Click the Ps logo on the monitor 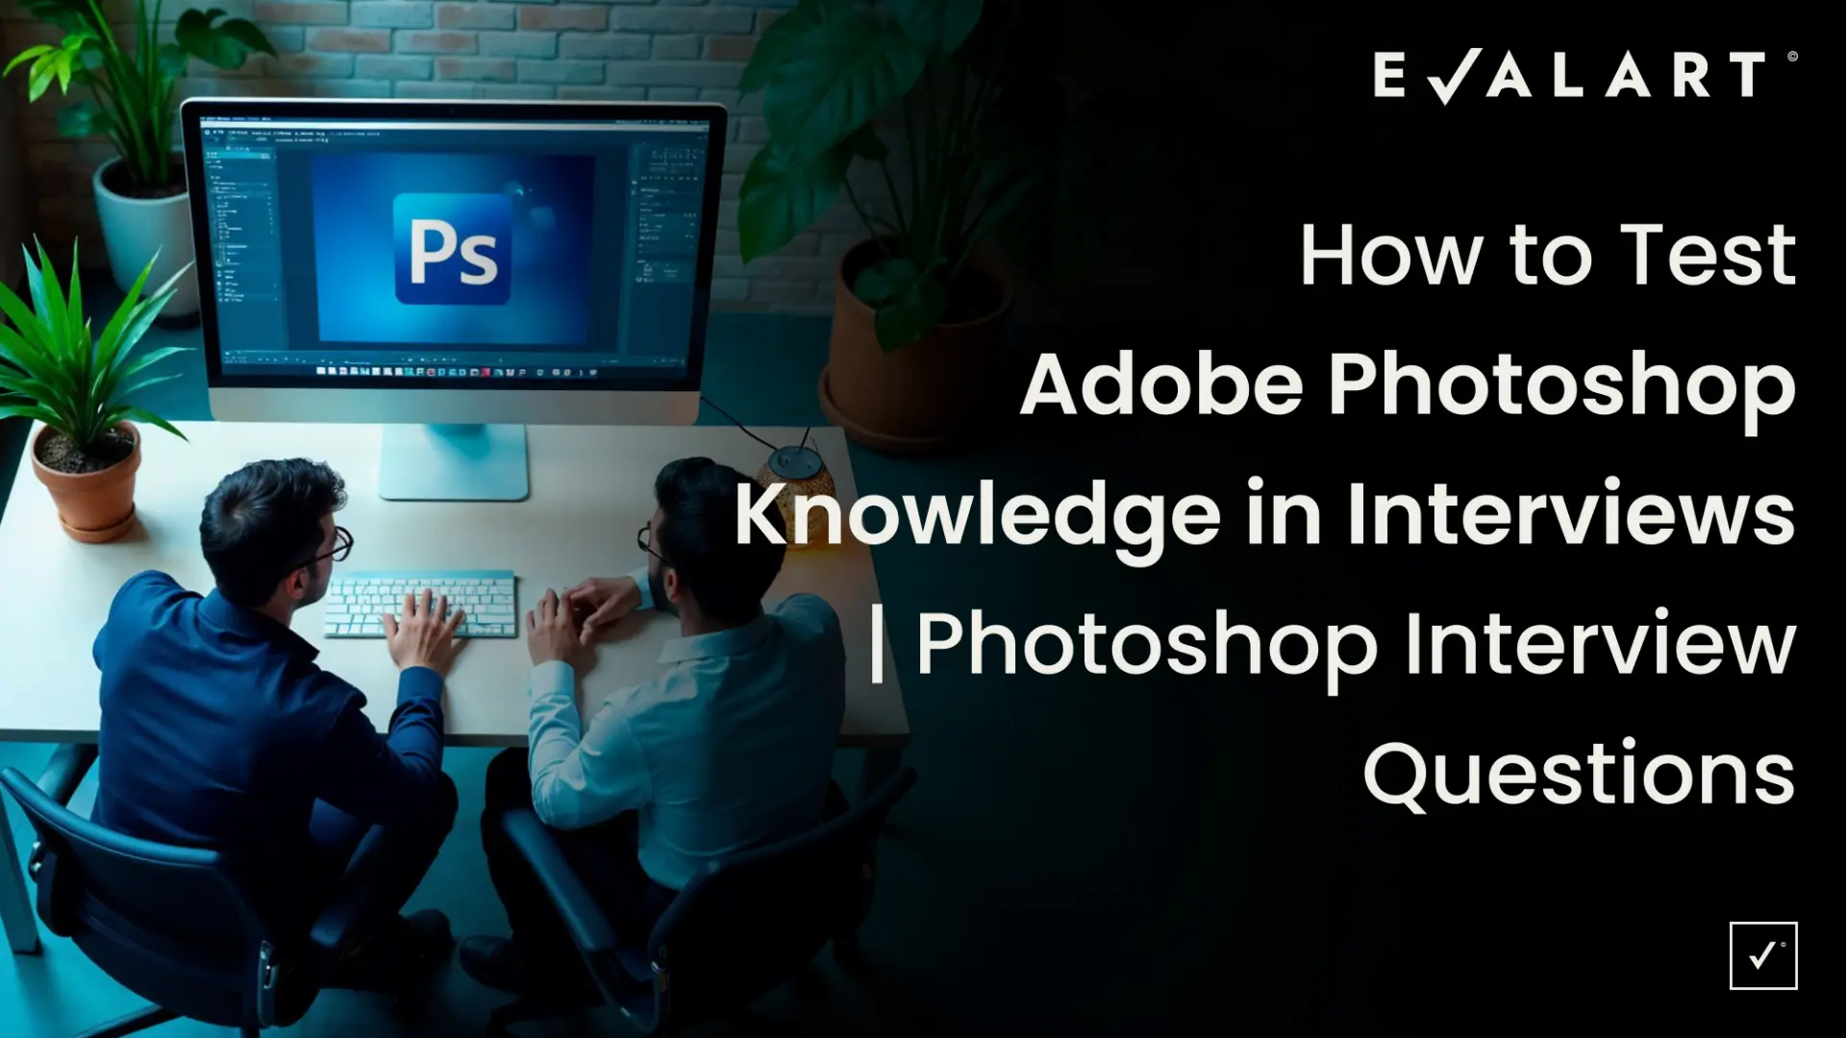(x=453, y=249)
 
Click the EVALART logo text (x=1570, y=76)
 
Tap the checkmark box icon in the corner (x=1763, y=955)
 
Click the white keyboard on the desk (x=419, y=604)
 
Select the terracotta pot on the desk (x=87, y=481)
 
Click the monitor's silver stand (x=454, y=460)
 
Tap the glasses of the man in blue (x=332, y=548)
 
